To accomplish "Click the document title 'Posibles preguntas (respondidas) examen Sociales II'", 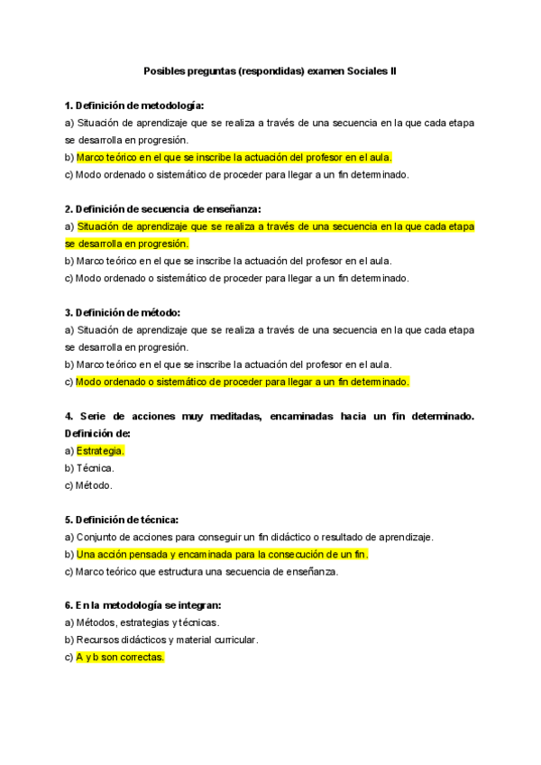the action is coord(270,69).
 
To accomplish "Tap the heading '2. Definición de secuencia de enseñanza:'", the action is coord(162,208).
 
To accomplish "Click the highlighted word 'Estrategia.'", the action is coord(100,450).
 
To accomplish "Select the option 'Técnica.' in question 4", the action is coord(96,468).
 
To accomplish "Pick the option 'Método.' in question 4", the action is coord(95,485).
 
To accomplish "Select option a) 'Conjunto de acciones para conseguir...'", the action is coord(255,537).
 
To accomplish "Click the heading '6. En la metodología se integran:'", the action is coord(142,605).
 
